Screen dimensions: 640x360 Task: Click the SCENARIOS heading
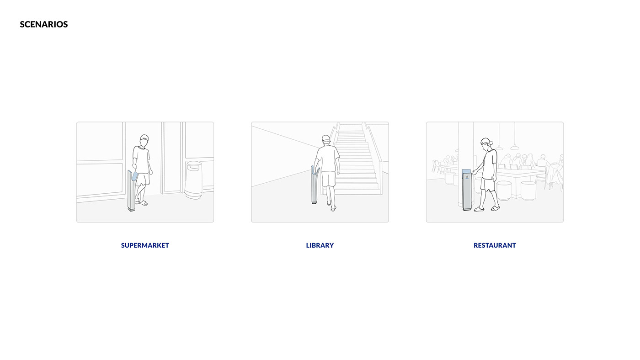(x=44, y=24)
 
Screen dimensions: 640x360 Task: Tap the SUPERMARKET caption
(x=145, y=245)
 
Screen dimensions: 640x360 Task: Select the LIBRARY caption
(x=320, y=245)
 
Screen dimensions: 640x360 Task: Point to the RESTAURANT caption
(x=495, y=245)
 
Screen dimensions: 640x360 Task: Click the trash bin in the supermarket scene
(x=193, y=180)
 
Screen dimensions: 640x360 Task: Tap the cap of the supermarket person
(x=144, y=138)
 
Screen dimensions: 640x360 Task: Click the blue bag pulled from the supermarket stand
(x=134, y=176)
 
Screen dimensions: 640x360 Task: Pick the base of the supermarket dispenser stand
(x=132, y=210)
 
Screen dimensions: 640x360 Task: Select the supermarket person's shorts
(x=143, y=179)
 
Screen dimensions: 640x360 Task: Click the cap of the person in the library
(x=325, y=138)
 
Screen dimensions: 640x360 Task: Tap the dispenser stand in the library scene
(x=315, y=185)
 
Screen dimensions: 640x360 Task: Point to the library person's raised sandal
(x=333, y=209)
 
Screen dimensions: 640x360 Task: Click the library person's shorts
(x=329, y=179)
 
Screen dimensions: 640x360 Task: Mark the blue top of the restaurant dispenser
(x=466, y=171)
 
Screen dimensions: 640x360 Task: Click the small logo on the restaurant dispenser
(x=467, y=177)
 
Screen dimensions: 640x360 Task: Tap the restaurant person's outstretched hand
(x=475, y=172)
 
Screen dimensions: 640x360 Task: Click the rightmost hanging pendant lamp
(x=515, y=147)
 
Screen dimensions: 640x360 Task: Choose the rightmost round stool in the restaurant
(x=528, y=191)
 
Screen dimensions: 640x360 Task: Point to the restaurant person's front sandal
(x=479, y=210)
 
